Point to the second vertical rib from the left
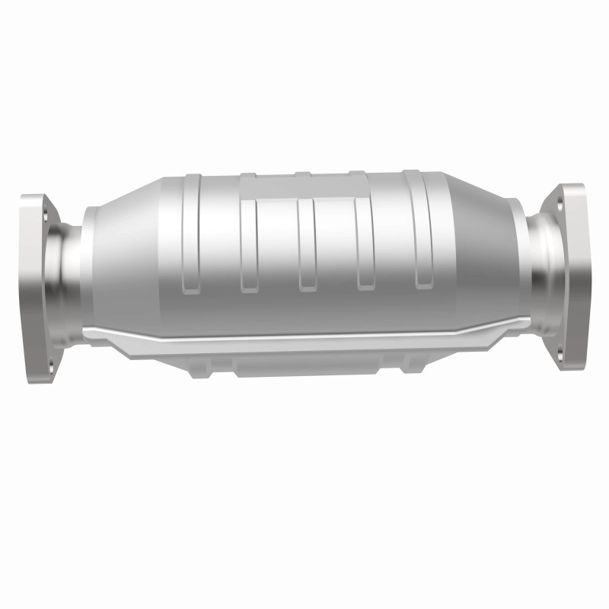pyautogui.click(x=247, y=236)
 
